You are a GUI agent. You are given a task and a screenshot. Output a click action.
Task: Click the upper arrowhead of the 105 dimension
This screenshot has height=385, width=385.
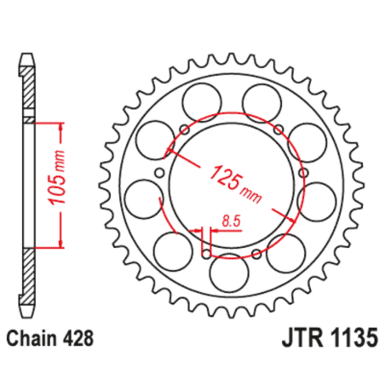[61, 128]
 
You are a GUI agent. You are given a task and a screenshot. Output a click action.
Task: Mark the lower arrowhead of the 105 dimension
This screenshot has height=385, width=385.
[61, 243]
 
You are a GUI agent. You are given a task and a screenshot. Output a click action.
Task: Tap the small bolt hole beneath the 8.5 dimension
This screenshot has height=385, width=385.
[205, 253]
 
